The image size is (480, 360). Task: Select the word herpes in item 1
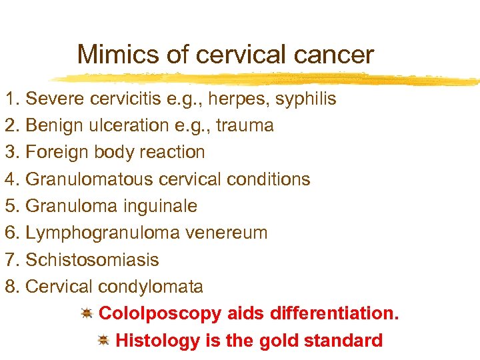tap(230, 99)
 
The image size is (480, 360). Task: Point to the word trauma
tap(245, 126)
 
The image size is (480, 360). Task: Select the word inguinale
tap(160, 206)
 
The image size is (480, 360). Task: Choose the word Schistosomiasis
tap(92, 259)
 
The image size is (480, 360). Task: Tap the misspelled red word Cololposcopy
tap(159, 313)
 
